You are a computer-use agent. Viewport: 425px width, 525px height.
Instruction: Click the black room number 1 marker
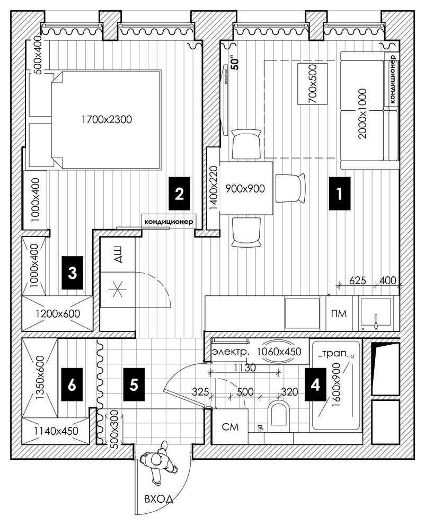pos(340,194)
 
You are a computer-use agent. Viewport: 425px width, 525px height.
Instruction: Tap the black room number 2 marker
pos(179,194)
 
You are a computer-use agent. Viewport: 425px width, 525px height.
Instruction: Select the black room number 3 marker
pos(72,273)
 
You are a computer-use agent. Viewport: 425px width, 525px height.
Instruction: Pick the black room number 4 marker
pos(315,384)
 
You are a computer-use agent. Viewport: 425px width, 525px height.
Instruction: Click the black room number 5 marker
pos(134,384)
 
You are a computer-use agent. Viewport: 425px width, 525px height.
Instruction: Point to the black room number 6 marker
pos(72,384)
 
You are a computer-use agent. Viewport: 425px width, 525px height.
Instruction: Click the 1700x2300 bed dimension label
pos(107,119)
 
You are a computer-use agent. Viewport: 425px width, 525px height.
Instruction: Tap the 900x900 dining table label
pos(245,188)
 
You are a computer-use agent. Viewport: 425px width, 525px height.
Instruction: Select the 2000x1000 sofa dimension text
pos(362,113)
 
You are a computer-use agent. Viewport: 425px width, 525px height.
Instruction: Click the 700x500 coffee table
pos(312,83)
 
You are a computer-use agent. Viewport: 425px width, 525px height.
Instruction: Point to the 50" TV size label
pos(236,63)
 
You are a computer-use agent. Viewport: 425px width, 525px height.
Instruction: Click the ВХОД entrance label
pos(159,498)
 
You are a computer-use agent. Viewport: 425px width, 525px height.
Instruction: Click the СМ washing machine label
pos(230,426)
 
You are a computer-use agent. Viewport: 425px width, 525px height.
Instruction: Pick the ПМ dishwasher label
pos(339,314)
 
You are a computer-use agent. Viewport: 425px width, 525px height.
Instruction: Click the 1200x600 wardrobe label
pos(58,314)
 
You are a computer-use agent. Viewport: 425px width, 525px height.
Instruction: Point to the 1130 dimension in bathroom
pos(245,367)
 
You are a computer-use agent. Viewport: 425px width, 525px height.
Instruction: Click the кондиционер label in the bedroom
pos(169,222)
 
